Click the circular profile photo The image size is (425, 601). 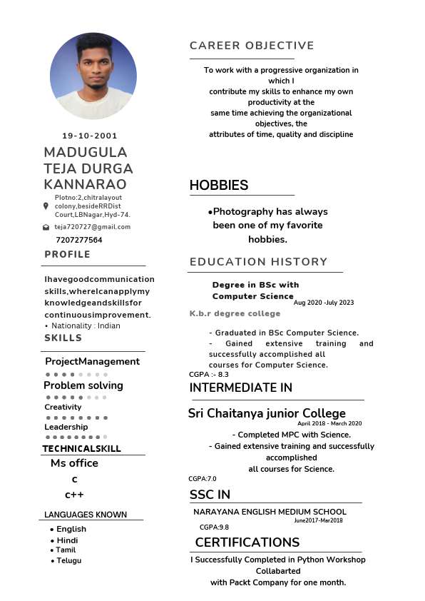pyautogui.click(x=93, y=76)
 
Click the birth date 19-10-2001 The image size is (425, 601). pyautogui.click(x=90, y=136)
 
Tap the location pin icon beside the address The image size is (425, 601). pyautogui.click(x=46, y=206)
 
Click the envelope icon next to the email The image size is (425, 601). pyautogui.click(x=46, y=227)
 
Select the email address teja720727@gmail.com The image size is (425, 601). pyautogui.click(x=93, y=227)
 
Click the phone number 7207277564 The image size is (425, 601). pyautogui.click(x=78, y=240)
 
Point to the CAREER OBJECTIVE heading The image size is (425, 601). pyautogui.click(x=252, y=46)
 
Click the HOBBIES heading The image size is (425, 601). pyautogui.click(x=219, y=186)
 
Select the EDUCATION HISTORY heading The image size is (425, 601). pyautogui.click(x=258, y=262)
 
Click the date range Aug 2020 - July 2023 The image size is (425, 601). pyautogui.click(x=324, y=303)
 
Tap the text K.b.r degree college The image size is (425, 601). pyautogui.click(x=235, y=313)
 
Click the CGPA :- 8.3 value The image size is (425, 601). pyautogui.click(x=209, y=374)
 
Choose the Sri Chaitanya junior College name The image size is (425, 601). pyautogui.click(x=267, y=413)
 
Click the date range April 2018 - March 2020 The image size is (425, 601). pyautogui.click(x=329, y=423)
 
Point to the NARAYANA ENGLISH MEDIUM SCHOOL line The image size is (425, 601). pyautogui.click(x=270, y=512)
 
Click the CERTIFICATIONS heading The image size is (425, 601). pyautogui.click(x=247, y=542)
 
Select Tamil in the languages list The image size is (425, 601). pyautogui.click(x=66, y=550)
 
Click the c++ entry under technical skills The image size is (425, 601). pyautogui.click(x=74, y=495)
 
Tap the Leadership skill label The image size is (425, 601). pyautogui.click(x=66, y=427)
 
